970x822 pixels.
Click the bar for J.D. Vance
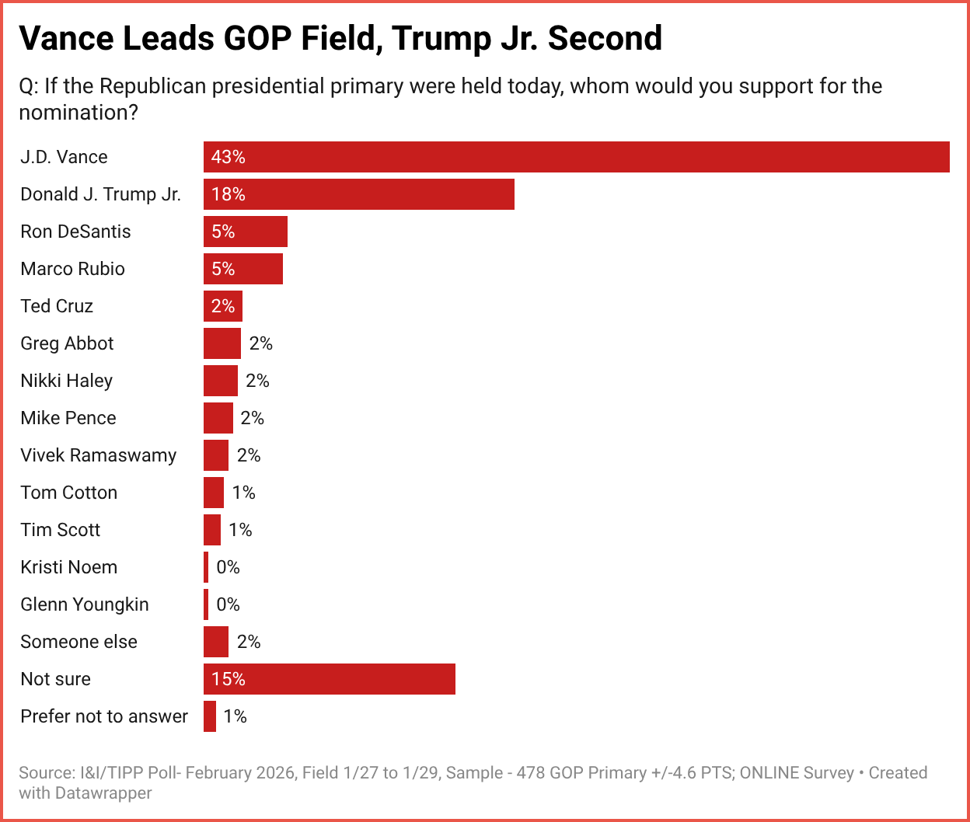(576, 157)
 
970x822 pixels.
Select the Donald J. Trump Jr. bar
(358, 194)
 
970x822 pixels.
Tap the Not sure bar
(329, 679)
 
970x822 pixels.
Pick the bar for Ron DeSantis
(245, 232)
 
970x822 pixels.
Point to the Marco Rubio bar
(242, 269)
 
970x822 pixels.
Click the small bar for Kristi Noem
(206, 567)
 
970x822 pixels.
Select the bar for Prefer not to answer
(210, 716)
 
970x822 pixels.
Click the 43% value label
(229, 157)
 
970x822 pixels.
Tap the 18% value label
(229, 194)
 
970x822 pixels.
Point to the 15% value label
(229, 679)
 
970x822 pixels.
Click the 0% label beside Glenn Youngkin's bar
(229, 604)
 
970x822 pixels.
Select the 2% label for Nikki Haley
(257, 381)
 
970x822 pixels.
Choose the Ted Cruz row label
(57, 306)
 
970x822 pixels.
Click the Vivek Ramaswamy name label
(99, 455)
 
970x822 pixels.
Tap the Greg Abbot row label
(68, 343)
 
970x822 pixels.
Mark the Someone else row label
(79, 642)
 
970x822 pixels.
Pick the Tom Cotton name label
(69, 493)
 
